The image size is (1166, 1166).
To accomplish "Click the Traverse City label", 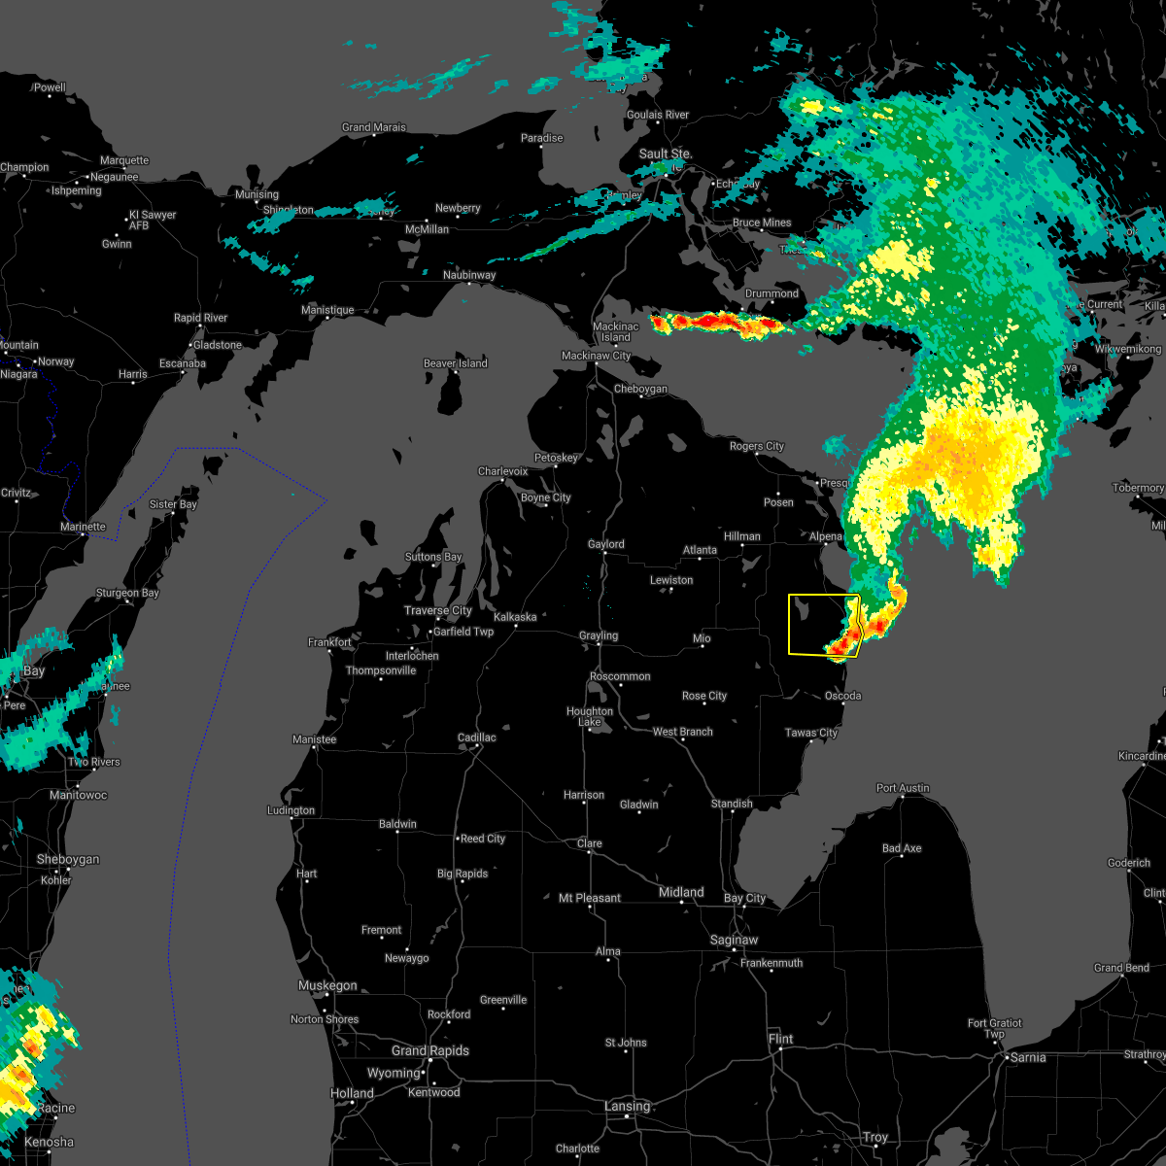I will (x=438, y=610).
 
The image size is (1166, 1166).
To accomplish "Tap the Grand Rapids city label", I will (x=430, y=1050).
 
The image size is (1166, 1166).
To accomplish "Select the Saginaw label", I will (x=734, y=940).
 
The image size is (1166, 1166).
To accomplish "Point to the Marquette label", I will (x=124, y=160).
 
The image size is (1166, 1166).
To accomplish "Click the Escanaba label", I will (x=183, y=363).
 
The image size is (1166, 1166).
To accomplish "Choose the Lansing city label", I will (x=627, y=1106).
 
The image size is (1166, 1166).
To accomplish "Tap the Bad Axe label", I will (x=902, y=848).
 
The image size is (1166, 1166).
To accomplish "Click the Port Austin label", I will (x=903, y=788).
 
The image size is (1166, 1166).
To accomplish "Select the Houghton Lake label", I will (x=590, y=716).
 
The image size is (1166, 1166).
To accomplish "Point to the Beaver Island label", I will (x=456, y=363).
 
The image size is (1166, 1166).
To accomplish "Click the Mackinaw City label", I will (x=597, y=356).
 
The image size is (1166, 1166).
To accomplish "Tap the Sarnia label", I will (x=1028, y=1057).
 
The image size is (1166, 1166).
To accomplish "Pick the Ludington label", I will (x=291, y=810).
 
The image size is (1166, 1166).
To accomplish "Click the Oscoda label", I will (x=842, y=696).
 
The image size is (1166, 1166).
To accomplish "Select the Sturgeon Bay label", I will (x=127, y=593).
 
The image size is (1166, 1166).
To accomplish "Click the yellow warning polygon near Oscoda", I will (x=811, y=627).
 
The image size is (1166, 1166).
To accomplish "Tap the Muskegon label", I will (x=327, y=985).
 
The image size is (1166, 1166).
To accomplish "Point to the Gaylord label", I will (x=606, y=544).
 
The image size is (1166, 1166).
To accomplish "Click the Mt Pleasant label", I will (x=591, y=898).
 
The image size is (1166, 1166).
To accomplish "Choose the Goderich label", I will (x=1129, y=863).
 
